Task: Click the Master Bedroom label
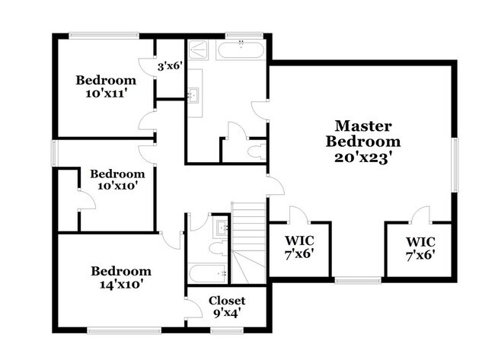(363, 133)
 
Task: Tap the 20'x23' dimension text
(363, 158)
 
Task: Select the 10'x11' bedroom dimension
(106, 94)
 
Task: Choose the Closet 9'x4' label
(227, 307)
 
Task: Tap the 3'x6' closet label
(168, 66)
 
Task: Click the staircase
(247, 236)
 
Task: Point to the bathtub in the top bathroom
(241, 51)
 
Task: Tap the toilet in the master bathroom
(256, 150)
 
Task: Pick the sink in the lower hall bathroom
(220, 226)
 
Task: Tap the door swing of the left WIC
(298, 215)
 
